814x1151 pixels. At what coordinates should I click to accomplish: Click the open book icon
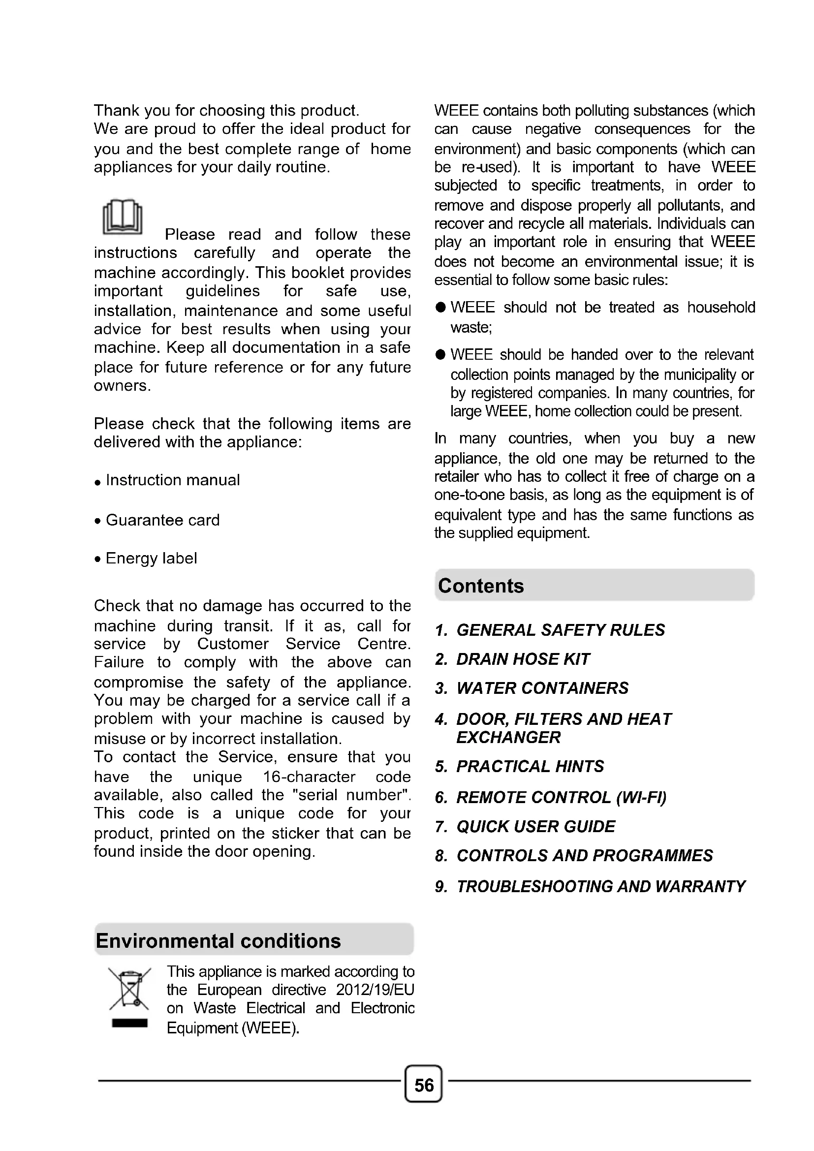[x=123, y=217]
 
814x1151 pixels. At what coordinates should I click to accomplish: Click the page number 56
[x=424, y=1086]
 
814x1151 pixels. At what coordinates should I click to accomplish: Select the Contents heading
[x=481, y=586]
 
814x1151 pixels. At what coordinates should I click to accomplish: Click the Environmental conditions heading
[x=219, y=941]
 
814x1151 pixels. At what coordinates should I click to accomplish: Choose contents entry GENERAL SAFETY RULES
[x=561, y=630]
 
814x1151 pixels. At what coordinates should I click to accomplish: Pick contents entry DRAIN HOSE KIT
[x=523, y=659]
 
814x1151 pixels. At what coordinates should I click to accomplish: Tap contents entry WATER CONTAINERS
[x=542, y=688]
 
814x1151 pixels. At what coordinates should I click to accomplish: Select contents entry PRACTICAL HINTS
[x=530, y=767]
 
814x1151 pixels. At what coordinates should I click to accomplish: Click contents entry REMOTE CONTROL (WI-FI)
[x=561, y=798]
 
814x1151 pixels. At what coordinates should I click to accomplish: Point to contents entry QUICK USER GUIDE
[x=535, y=827]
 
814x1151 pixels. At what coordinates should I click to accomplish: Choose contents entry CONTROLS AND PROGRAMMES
[x=585, y=856]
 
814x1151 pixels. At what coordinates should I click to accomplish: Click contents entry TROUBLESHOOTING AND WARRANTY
[x=600, y=887]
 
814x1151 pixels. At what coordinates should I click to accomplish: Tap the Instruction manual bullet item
[x=172, y=480]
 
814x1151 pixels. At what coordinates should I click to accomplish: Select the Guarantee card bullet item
[x=162, y=520]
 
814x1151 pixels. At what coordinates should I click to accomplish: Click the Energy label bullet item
[x=151, y=559]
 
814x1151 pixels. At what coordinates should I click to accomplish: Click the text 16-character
[x=309, y=777]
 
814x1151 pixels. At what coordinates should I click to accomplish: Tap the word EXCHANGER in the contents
[x=508, y=738]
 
